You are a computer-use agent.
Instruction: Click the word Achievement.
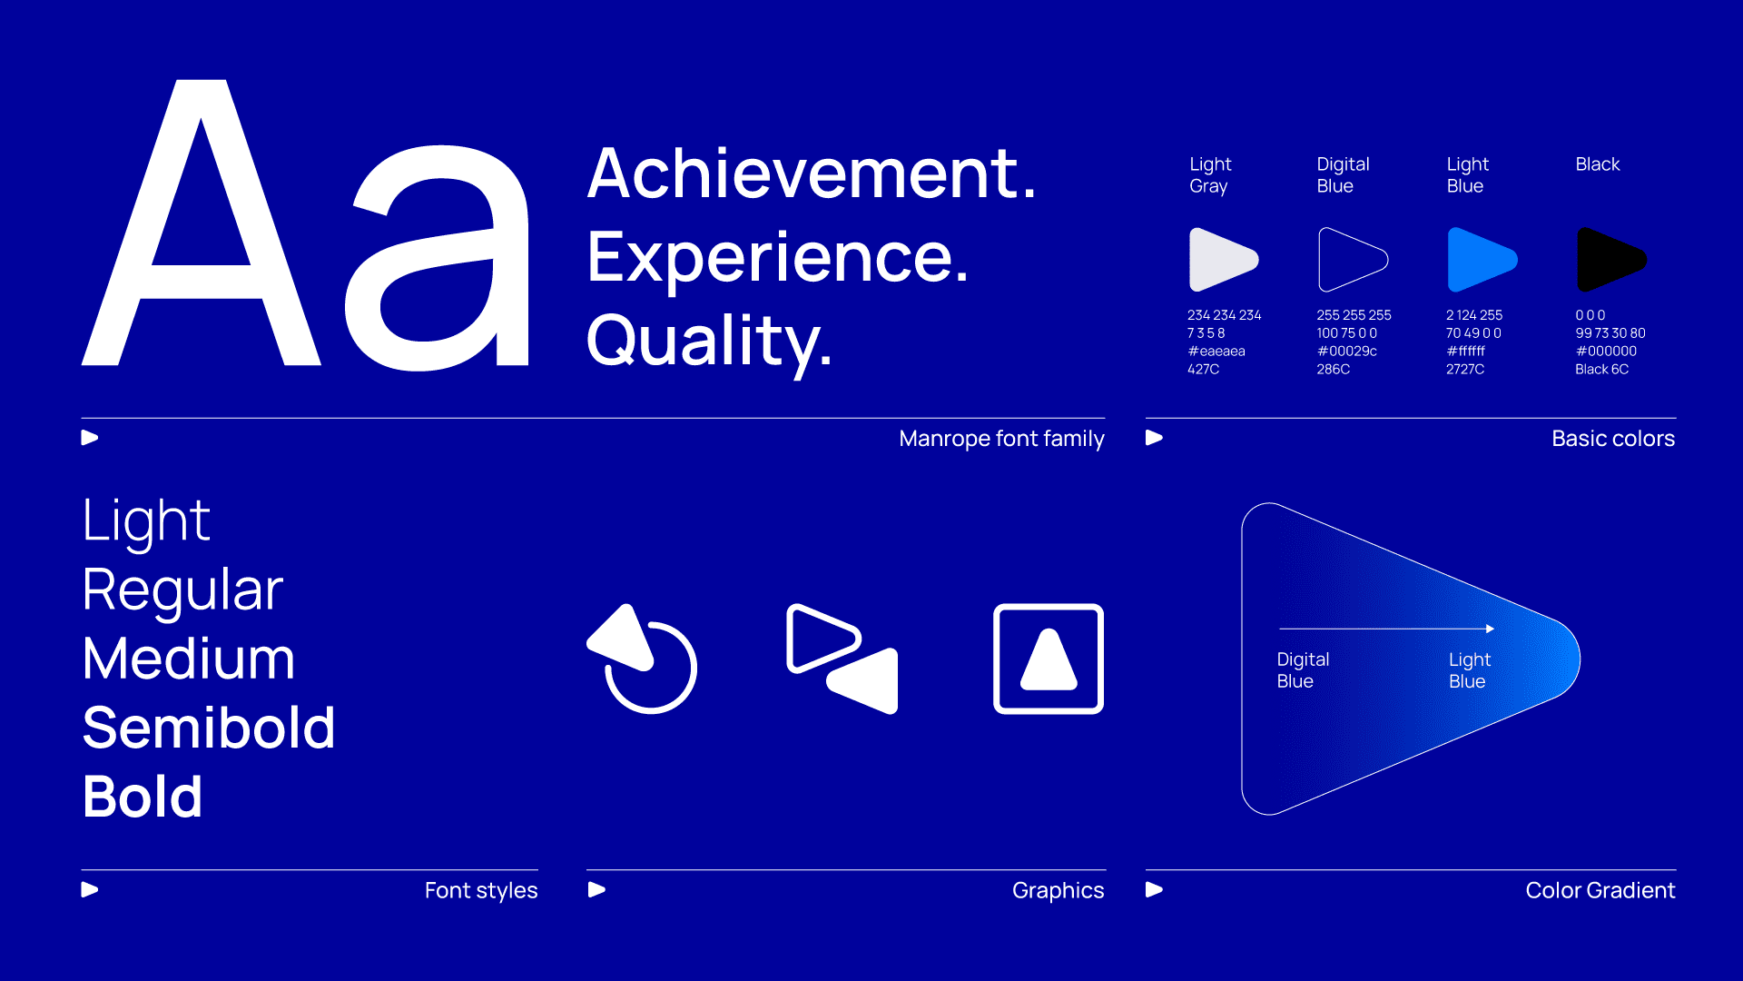(811, 173)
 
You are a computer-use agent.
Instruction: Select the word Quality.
(709, 342)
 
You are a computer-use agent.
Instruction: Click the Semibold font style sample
(209, 728)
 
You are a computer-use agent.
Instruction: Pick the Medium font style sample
(189, 659)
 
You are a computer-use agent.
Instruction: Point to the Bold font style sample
(143, 797)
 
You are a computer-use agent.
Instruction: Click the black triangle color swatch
(1611, 260)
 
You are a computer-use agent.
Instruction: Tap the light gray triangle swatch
(1224, 260)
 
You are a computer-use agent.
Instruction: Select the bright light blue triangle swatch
(1482, 260)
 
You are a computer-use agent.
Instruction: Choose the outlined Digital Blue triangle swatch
(1353, 260)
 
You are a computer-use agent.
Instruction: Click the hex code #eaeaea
(1216, 352)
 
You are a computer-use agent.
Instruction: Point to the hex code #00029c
(1347, 352)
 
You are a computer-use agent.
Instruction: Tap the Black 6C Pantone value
(1602, 370)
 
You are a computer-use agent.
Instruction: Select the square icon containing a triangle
(1049, 659)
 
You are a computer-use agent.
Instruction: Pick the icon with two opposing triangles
(842, 659)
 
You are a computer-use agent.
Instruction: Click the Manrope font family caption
(1001, 439)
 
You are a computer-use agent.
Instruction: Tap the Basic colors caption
(1613, 439)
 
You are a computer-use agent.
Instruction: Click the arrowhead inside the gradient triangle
(1491, 629)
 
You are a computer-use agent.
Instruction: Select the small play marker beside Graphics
(596, 890)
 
